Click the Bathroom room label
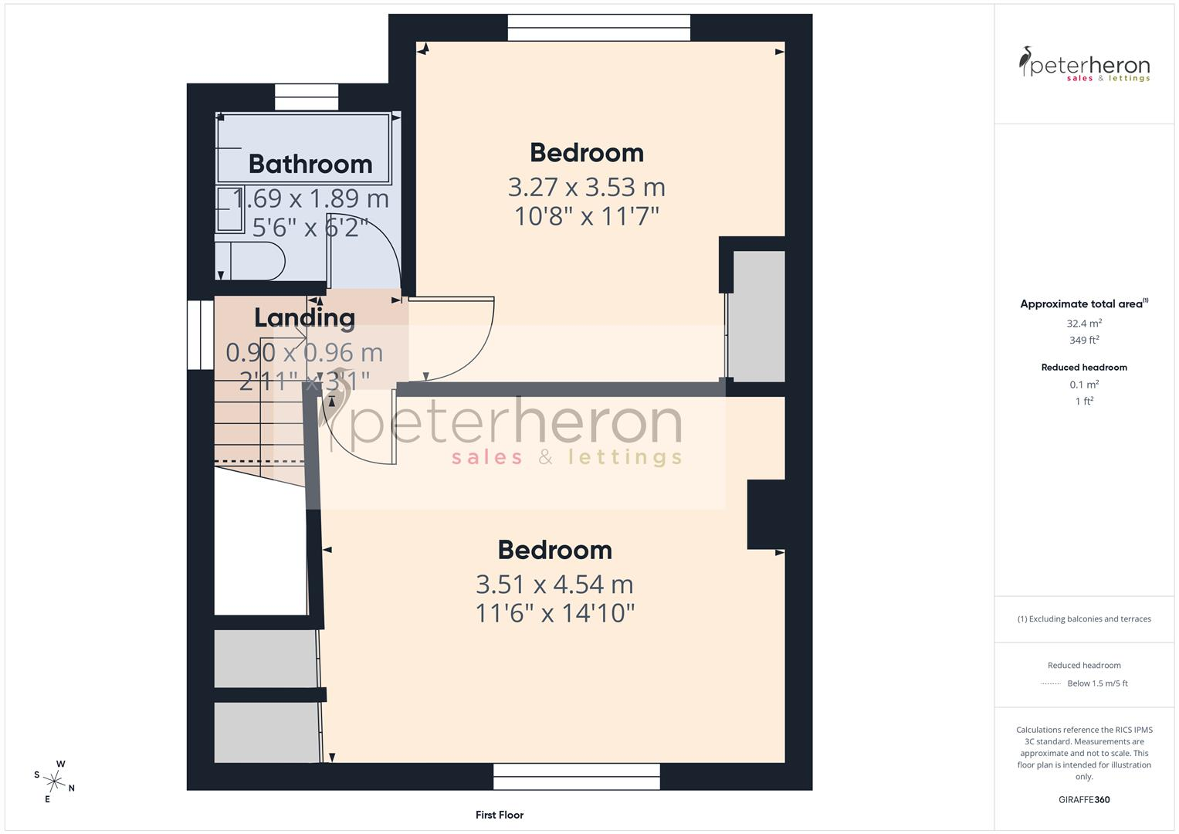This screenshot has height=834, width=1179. (x=310, y=164)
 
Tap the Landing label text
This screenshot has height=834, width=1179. (x=305, y=318)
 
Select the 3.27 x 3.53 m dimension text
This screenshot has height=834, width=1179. (x=586, y=188)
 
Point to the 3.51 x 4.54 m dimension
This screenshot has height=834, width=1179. (x=555, y=585)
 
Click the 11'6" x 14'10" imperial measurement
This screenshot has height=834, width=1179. (x=555, y=613)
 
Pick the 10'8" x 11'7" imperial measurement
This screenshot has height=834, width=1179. (x=586, y=216)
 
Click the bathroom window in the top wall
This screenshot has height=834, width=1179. (x=307, y=97)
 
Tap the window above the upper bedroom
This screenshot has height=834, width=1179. (x=599, y=27)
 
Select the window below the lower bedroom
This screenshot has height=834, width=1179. (x=576, y=777)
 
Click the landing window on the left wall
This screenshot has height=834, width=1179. (x=201, y=335)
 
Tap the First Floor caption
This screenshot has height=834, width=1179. (x=500, y=815)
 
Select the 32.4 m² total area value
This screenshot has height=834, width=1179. (x=1084, y=324)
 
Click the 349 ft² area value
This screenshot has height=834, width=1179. (x=1084, y=340)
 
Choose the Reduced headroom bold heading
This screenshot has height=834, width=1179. (x=1084, y=368)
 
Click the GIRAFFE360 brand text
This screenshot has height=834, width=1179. (x=1084, y=800)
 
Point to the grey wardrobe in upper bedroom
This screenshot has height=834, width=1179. (x=759, y=317)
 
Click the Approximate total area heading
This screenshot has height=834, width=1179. (x=1084, y=303)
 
